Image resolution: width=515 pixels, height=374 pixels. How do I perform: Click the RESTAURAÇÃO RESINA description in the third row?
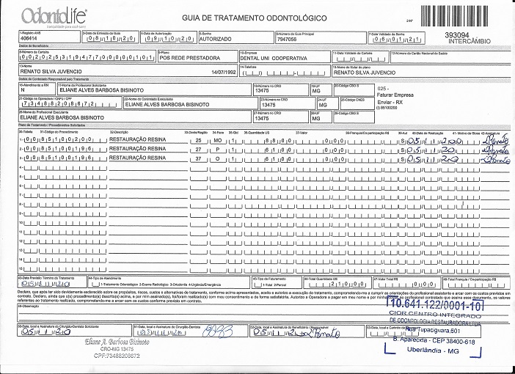137,156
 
